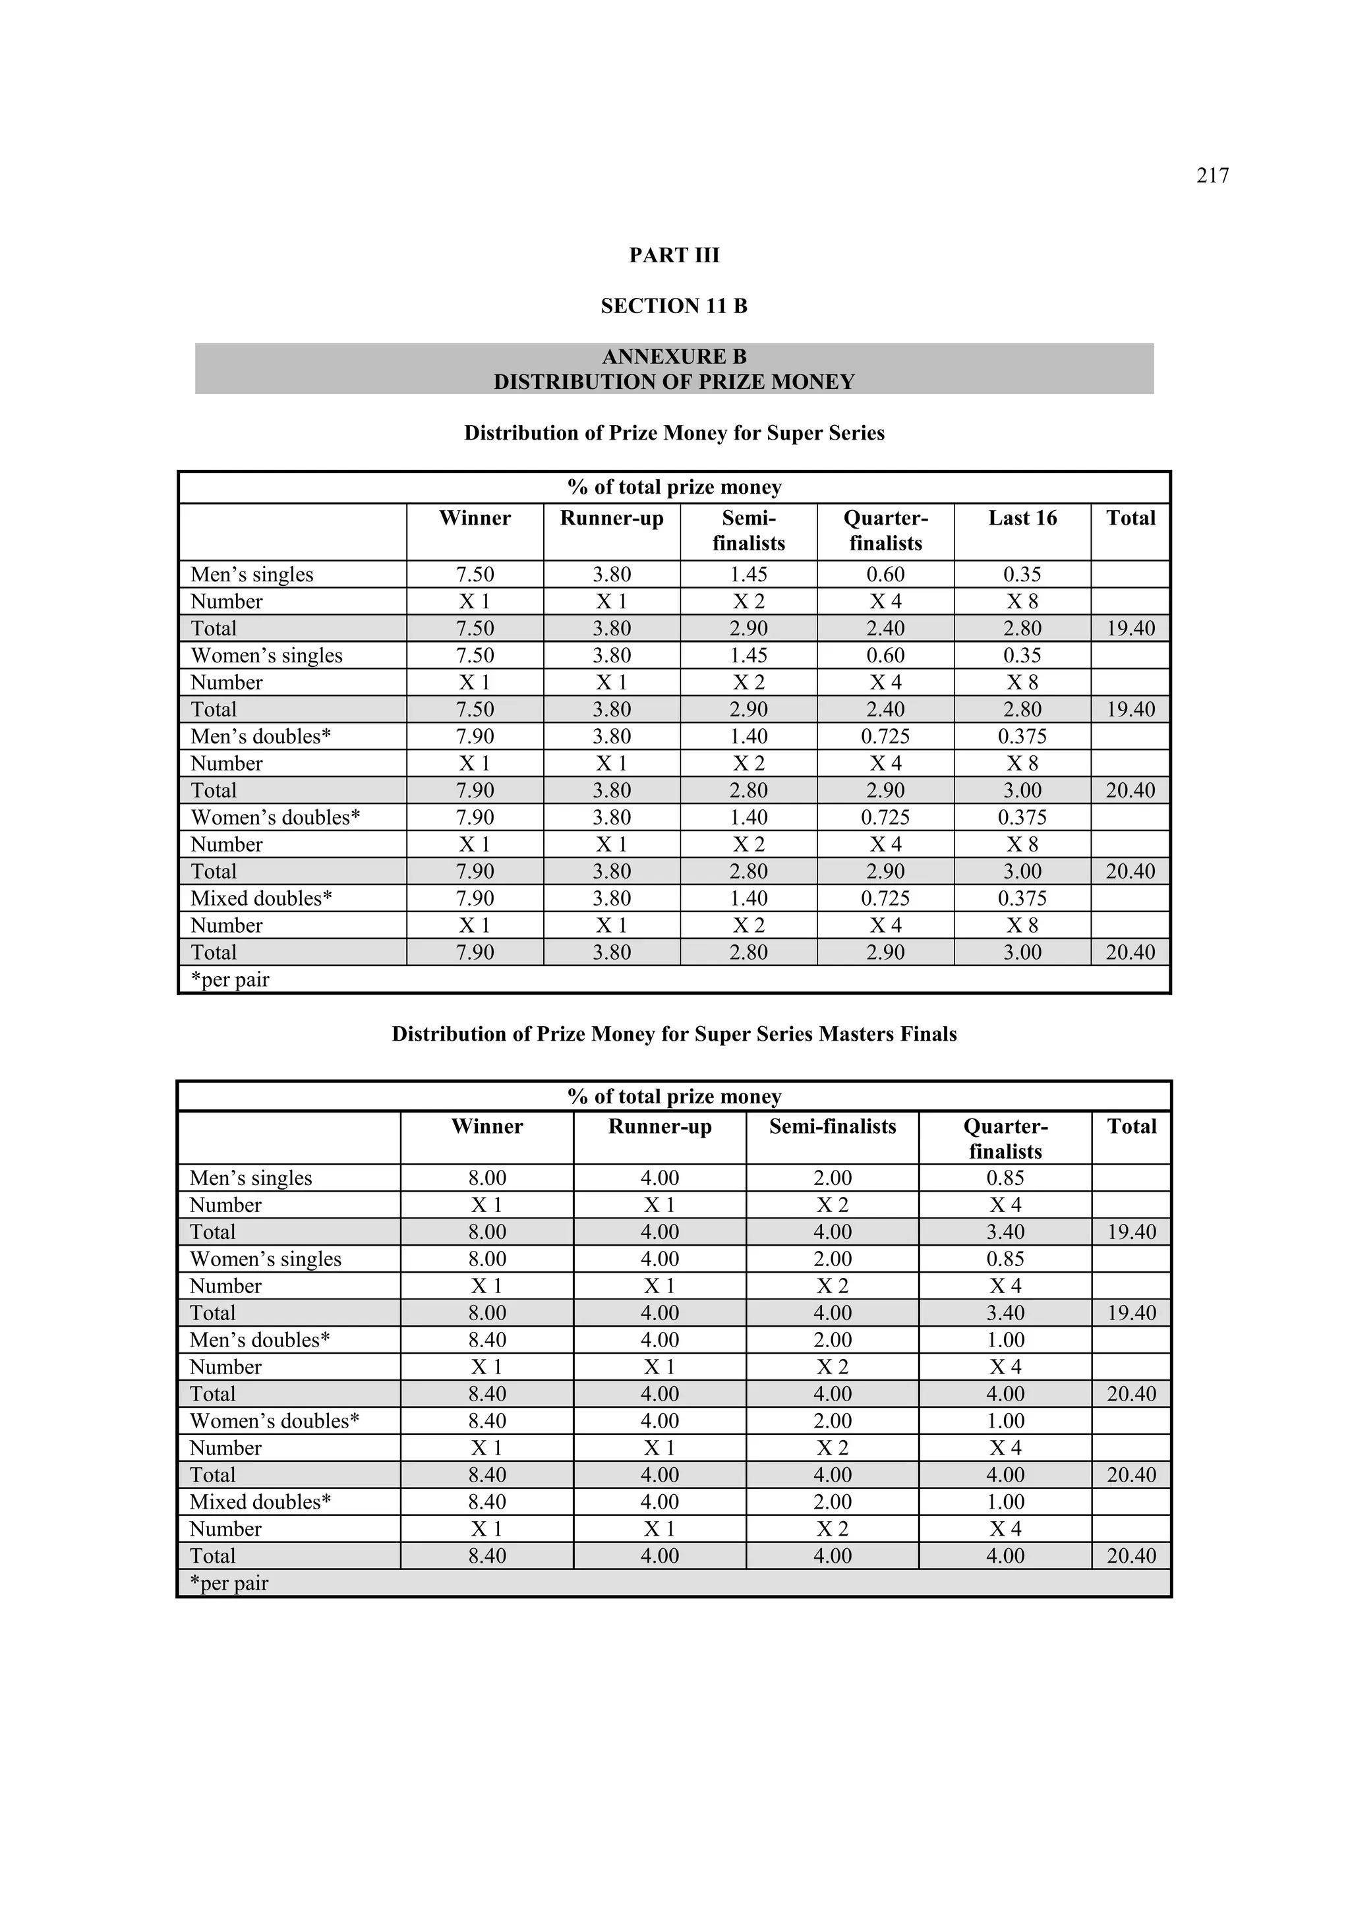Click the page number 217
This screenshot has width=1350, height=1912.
(x=1212, y=176)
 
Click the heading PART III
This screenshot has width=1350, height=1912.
(x=674, y=256)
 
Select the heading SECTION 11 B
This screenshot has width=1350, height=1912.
(x=674, y=306)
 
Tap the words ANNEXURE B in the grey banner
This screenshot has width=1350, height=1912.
(x=674, y=357)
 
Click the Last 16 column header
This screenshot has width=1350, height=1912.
(x=1022, y=518)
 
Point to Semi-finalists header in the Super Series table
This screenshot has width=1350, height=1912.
(x=748, y=531)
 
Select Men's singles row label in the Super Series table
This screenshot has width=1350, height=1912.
(x=252, y=575)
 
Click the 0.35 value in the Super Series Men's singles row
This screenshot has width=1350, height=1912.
(x=1022, y=575)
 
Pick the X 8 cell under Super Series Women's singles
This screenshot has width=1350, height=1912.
(x=1022, y=683)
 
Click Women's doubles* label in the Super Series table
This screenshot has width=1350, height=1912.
(x=275, y=818)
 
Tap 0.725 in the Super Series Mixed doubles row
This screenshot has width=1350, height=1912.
(x=885, y=898)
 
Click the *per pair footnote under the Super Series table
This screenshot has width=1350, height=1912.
(x=230, y=980)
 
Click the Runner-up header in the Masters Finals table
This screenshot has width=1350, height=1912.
(x=660, y=1127)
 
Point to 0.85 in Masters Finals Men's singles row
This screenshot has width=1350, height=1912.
(x=1005, y=1178)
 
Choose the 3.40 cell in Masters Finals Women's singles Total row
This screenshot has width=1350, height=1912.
(x=1005, y=1314)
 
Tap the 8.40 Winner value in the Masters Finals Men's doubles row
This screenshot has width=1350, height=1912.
(x=486, y=1340)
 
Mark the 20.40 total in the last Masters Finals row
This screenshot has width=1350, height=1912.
(x=1131, y=1555)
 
